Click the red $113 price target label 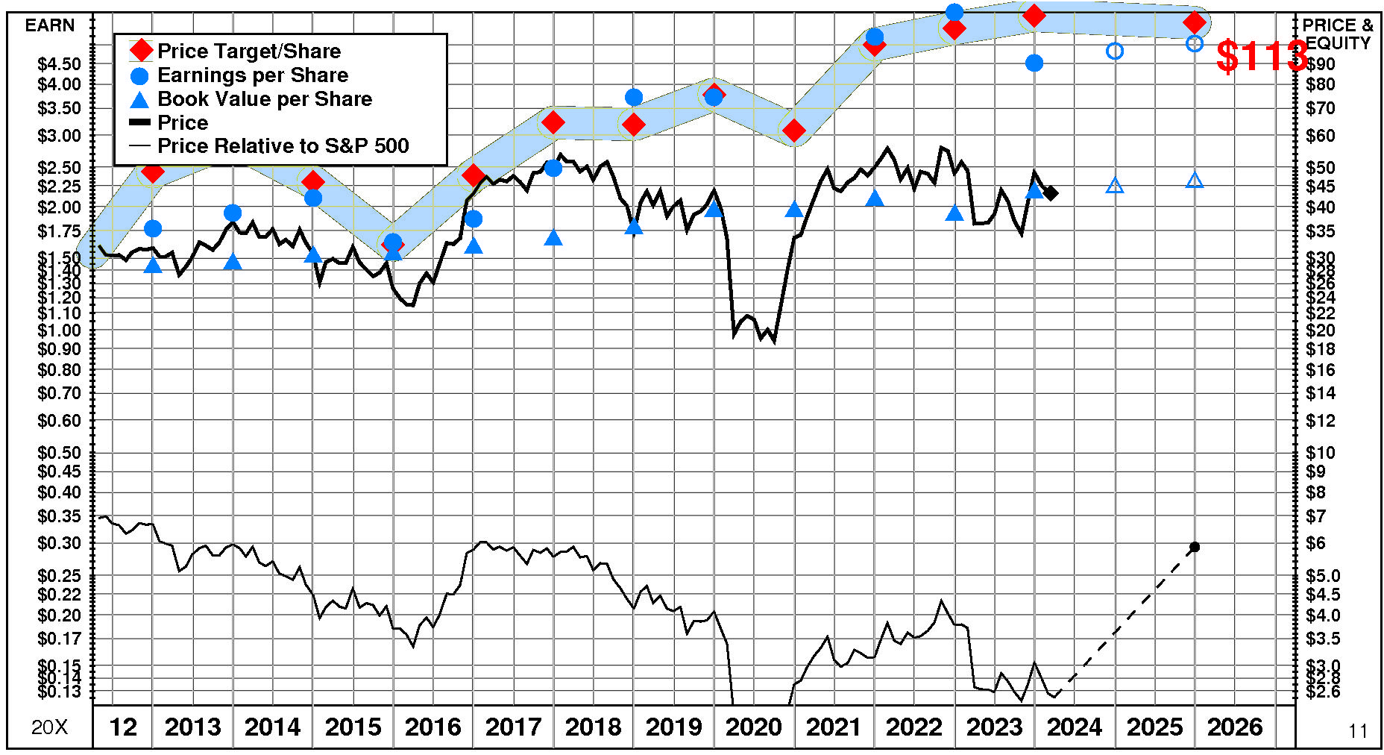click(1261, 56)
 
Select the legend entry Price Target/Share click(248, 51)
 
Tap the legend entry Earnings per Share click(252, 75)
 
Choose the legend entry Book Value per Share click(264, 98)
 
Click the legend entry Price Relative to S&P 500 click(283, 145)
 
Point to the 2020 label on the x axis click(753, 727)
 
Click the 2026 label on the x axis click(1235, 727)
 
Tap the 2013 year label click(192, 727)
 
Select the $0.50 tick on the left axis click(60, 453)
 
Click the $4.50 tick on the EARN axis click(60, 64)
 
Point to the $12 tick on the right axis click(1321, 421)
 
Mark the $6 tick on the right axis click(1316, 543)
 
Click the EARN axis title click(50, 25)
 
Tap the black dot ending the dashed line click(1195, 547)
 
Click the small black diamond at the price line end click(1051, 193)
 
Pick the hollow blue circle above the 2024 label click(1115, 51)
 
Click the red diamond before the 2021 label click(794, 131)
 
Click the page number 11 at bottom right click(1358, 731)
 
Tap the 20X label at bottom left click(49, 727)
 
